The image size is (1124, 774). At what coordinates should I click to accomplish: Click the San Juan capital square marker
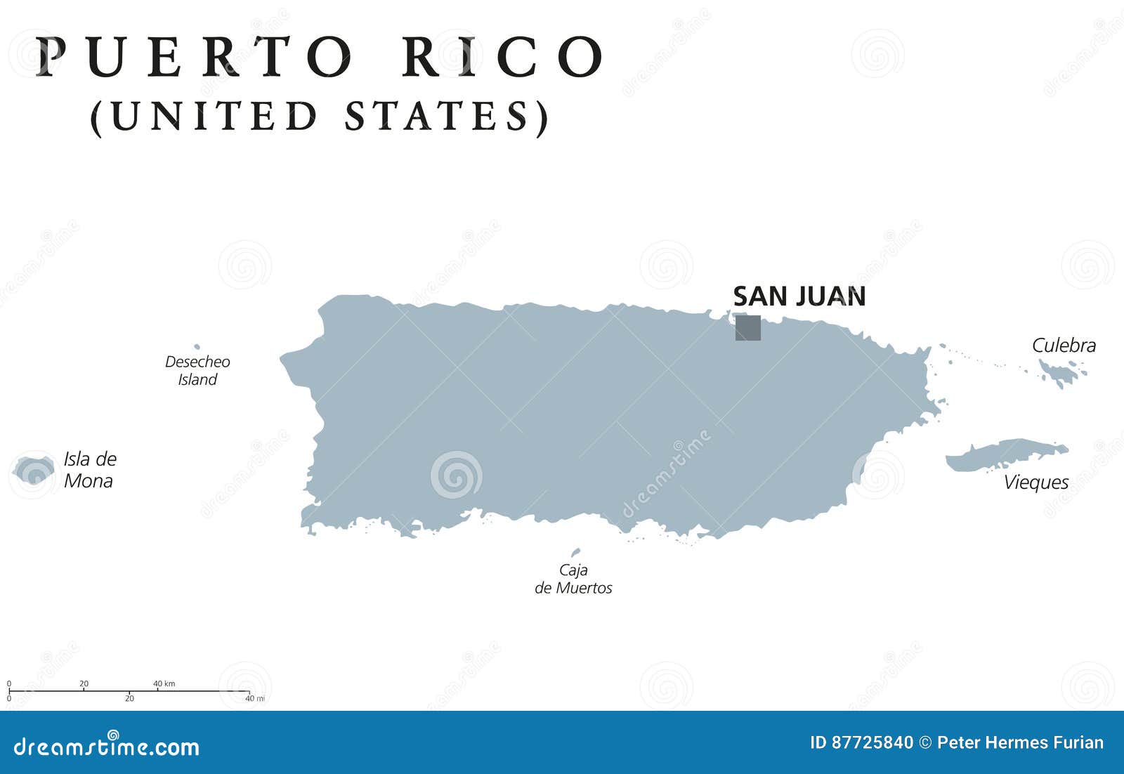[x=747, y=328]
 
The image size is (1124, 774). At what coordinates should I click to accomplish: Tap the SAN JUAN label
[x=799, y=296]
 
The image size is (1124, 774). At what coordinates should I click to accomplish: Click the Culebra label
[x=1064, y=345]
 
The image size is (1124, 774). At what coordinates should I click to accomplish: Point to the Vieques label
[x=1035, y=483]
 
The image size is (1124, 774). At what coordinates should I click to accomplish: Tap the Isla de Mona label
[x=89, y=470]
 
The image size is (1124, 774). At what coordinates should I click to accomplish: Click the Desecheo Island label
[x=197, y=370]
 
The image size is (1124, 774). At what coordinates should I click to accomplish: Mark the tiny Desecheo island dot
[x=197, y=346]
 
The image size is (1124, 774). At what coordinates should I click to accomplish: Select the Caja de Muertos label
[x=573, y=579]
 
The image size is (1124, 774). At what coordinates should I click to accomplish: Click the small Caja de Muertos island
[x=575, y=553]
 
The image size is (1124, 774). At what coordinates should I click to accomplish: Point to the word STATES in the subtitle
[x=436, y=117]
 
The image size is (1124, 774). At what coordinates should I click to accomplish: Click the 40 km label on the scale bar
[x=164, y=683]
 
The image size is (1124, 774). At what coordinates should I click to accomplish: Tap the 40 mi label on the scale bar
[x=254, y=698]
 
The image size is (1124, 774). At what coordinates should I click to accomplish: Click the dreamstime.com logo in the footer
[x=107, y=746]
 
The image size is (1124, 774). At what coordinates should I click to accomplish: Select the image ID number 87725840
[x=872, y=742]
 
